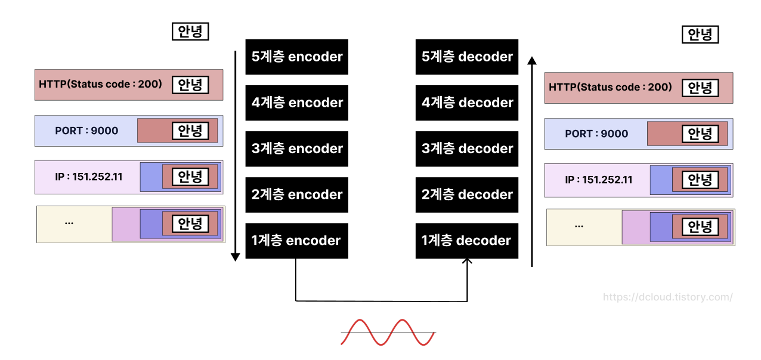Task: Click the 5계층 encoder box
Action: pyautogui.click(x=296, y=57)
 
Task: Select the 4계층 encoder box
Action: pyautogui.click(x=296, y=103)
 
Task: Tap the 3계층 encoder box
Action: pyautogui.click(x=296, y=149)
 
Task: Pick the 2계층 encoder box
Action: pyautogui.click(x=296, y=195)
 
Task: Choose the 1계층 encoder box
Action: pyautogui.click(x=296, y=241)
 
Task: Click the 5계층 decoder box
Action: pyautogui.click(x=467, y=57)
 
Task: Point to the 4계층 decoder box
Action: pyautogui.click(x=467, y=103)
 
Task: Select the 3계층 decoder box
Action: pyautogui.click(x=467, y=149)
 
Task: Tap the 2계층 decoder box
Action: pyautogui.click(x=467, y=195)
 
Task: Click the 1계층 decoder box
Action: pyautogui.click(x=467, y=241)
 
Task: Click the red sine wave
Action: pyautogui.click(x=388, y=332)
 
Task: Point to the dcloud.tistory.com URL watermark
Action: pyautogui.click(x=667, y=297)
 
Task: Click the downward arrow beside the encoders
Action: pyautogui.click(x=235, y=155)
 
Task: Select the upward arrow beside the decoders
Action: pyautogui.click(x=531, y=161)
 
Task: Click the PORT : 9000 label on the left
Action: pyautogui.click(x=86, y=131)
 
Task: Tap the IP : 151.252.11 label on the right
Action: pyautogui.click(x=598, y=179)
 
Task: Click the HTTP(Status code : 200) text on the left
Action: pyautogui.click(x=100, y=84)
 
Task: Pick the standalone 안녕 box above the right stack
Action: pyautogui.click(x=700, y=35)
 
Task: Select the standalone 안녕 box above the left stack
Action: pyautogui.click(x=190, y=31)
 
